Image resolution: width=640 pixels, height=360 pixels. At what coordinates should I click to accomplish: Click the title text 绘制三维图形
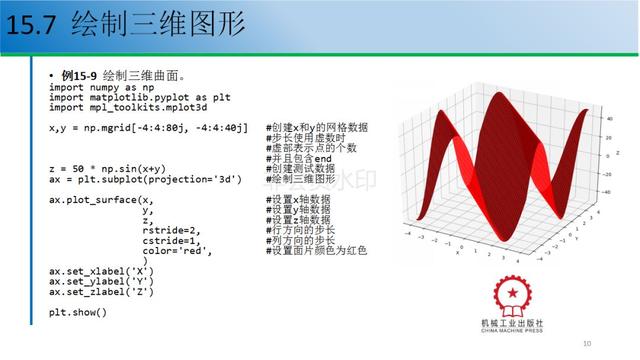pos(158,27)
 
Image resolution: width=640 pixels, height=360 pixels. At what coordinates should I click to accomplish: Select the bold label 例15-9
pos(79,76)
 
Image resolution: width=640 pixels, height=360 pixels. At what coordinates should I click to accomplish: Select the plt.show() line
pos(77,312)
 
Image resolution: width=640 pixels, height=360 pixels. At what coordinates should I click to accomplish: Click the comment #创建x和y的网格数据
pos(317,128)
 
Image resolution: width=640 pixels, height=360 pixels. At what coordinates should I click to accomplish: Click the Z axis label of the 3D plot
pos(617,152)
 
